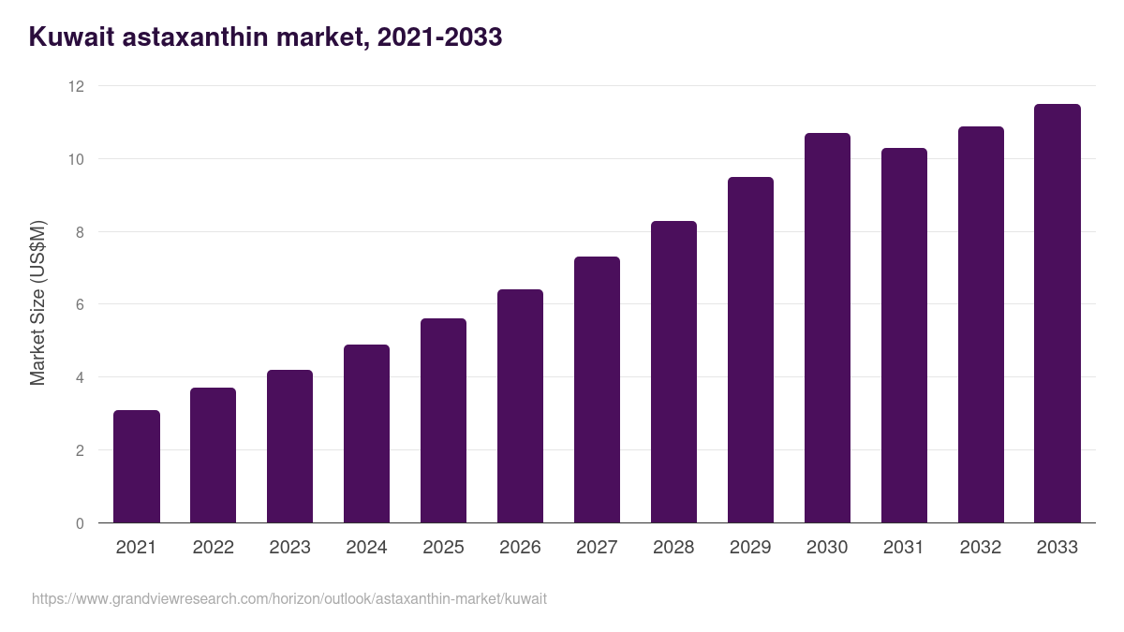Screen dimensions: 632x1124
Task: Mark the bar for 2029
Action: pyautogui.click(x=750, y=350)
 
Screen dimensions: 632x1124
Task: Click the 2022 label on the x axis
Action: pyautogui.click(x=213, y=548)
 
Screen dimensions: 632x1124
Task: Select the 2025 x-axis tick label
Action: pyautogui.click(x=443, y=548)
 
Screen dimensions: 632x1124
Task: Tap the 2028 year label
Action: pyautogui.click(x=673, y=548)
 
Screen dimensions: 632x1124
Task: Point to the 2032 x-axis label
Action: pyautogui.click(x=981, y=548)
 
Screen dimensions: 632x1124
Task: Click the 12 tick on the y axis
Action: pyautogui.click(x=76, y=86)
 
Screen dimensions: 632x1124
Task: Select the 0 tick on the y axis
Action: pyautogui.click(x=80, y=523)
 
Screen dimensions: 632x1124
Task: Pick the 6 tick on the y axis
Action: pyautogui.click(x=80, y=304)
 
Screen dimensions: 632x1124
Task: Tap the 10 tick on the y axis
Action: pyautogui.click(x=76, y=159)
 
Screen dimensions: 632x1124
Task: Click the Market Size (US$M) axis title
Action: pyautogui.click(x=37, y=303)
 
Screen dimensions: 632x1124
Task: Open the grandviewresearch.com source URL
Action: pyautogui.click(x=289, y=598)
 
